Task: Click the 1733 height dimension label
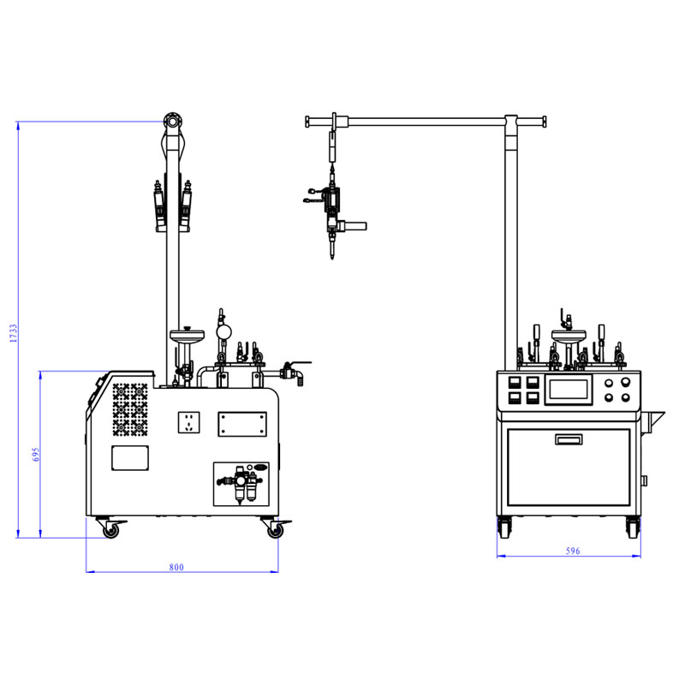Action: [14, 333]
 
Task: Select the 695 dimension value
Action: [36, 455]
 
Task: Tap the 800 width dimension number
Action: [176, 567]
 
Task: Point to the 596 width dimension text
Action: [573, 551]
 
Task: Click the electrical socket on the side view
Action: [188, 422]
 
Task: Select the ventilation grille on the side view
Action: [130, 410]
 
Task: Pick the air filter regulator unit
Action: [241, 484]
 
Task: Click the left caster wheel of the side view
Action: [110, 530]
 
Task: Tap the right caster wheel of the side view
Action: [275, 530]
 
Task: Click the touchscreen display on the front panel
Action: [569, 390]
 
